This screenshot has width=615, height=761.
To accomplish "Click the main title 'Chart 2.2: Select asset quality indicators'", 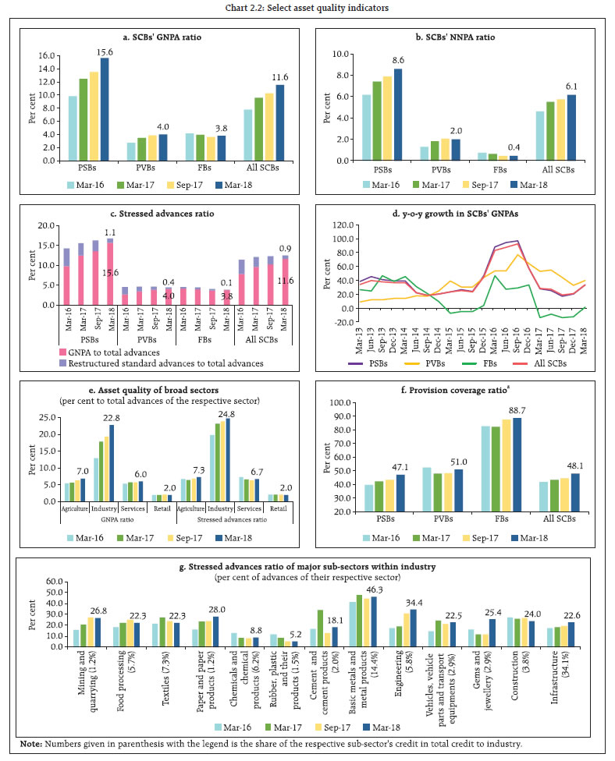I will (307, 9).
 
